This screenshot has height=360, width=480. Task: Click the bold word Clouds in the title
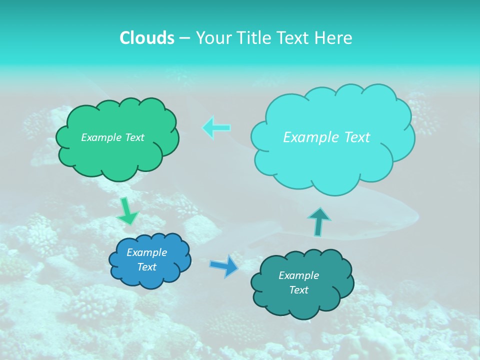pyautogui.click(x=147, y=38)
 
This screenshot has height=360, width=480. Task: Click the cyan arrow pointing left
pyautogui.click(x=216, y=127)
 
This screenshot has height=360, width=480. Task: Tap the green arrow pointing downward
pyautogui.click(x=127, y=211)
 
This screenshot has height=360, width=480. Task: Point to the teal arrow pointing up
pyautogui.click(x=318, y=221)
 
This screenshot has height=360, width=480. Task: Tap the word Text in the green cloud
pyautogui.click(x=135, y=137)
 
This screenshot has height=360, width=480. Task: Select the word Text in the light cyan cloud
pyautogui.click(x=356, y=137)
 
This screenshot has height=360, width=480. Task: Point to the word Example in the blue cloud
pyautogui.click(x=146, y=252)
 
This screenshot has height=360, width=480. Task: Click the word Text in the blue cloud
pyautogui.click(x=146, y=267)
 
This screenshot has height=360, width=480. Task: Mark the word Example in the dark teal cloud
pyautogui.click(x=298, y=275)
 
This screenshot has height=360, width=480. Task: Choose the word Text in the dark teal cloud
pyautogui.click(x=298, y=290)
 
